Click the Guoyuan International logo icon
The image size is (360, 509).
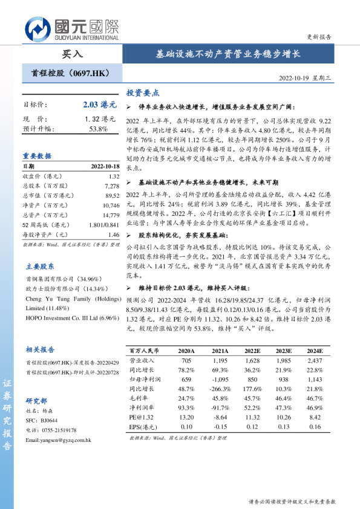point(39,28)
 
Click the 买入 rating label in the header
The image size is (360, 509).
point(72,53)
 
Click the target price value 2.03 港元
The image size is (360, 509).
point(96,105)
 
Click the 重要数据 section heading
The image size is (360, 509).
point(38,155)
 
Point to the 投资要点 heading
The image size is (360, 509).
point(143,93)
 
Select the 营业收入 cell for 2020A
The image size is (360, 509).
point(186,360)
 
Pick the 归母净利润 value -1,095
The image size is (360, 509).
point(220,379)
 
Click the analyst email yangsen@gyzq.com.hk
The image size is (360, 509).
point(58,439)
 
